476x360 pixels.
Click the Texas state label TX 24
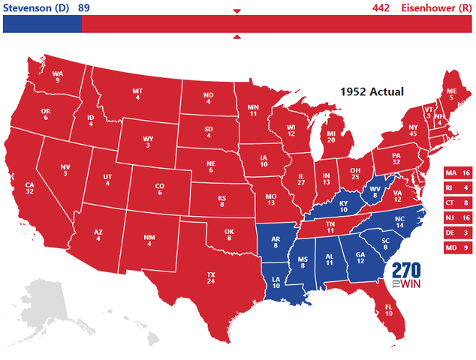point(211,279)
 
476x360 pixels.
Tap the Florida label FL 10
point(388,309)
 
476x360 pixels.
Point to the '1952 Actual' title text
point(372,91)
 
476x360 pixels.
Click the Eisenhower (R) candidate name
point(440,7)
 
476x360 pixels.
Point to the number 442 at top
point(383,7)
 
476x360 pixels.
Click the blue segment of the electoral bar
point(42,25)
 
